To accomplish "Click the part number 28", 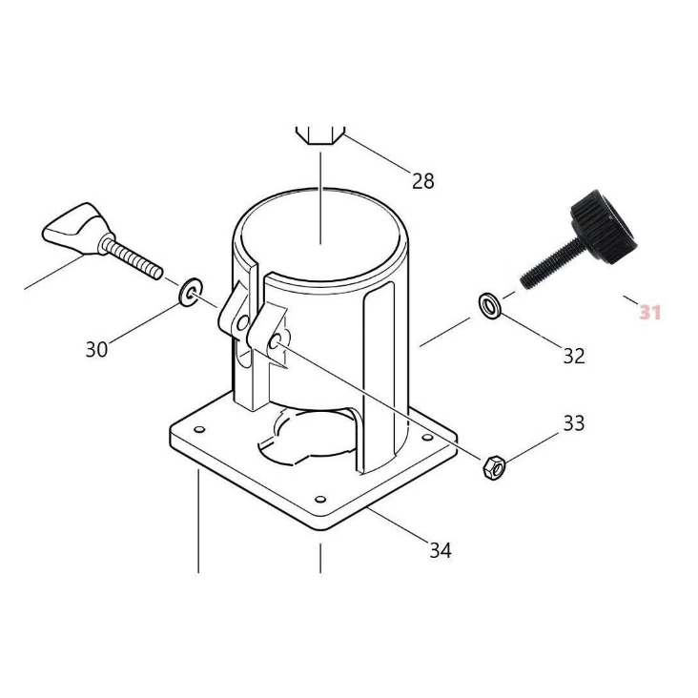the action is (x=422, y=181).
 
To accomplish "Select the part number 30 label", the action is (x=96, y=349).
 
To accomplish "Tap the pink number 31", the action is (x=650, y=312).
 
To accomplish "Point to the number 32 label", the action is (x=574, y=356).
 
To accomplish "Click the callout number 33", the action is (x=574, y=423).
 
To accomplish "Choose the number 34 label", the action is (x=441, y=550).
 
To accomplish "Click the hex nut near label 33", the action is (x=494, y=467).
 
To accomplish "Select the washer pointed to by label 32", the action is (x=490, y=306).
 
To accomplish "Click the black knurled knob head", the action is (x=604, y=226).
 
